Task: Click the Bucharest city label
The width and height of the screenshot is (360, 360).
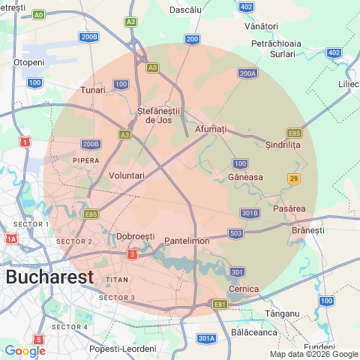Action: click(49, 276)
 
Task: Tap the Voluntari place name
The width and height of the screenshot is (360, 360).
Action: click(121, 175)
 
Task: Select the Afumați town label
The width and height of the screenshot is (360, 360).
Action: click(210, 130)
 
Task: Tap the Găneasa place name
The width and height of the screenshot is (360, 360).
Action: click(245, 178)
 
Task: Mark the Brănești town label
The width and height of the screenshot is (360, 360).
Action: click(307, 230)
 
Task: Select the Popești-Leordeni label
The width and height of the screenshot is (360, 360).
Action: click(122, 349)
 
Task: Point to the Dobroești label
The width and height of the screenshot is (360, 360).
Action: click(136, 237)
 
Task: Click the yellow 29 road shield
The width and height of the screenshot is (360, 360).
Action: click(294, 178)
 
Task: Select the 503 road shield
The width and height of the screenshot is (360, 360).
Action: click(235, 234)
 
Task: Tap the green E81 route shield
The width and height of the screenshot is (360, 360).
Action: click(220, 304)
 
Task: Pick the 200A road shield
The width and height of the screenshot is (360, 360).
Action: click(247, 73)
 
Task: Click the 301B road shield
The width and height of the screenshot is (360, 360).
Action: click(250, 213)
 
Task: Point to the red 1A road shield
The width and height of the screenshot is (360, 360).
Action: click(11, 238)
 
